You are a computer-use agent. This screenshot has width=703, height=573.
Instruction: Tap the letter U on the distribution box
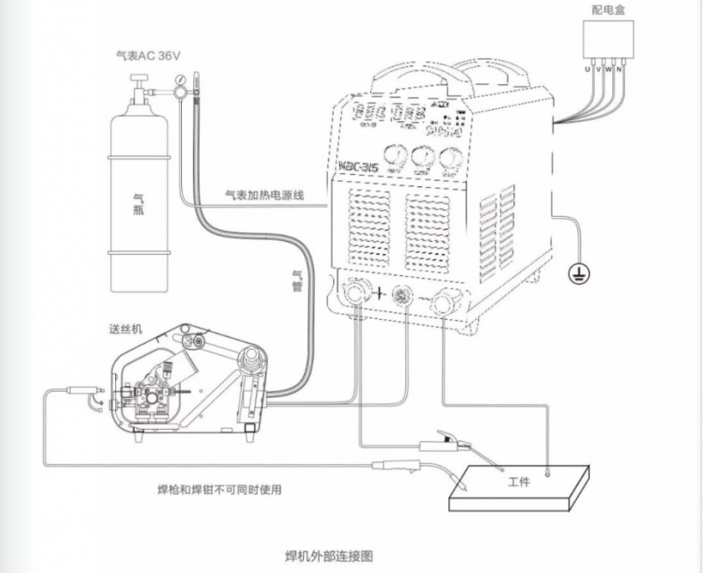coord(587,67)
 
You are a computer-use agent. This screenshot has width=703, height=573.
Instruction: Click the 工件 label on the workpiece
coord(520,483)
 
